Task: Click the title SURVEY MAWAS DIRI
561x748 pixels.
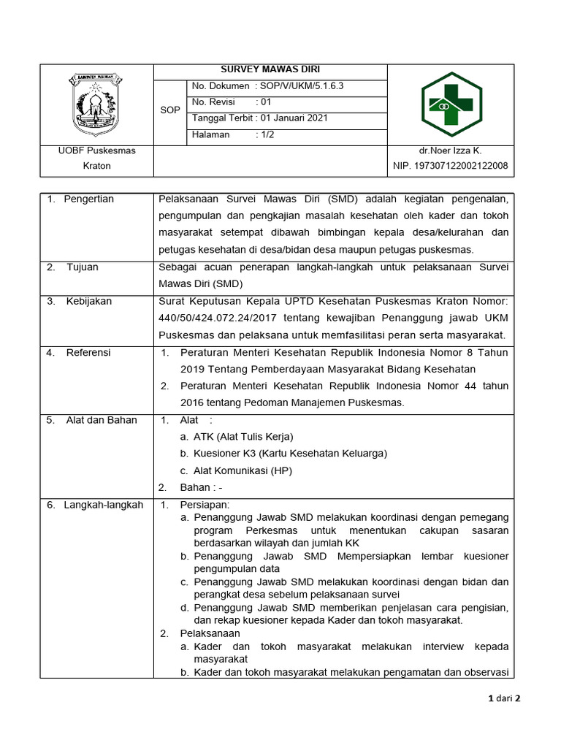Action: coord(270,71)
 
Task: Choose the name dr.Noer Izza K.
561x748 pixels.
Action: coord(450,150)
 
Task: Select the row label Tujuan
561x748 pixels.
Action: coord(83,267)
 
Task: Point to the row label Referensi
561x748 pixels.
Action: coord(88,353)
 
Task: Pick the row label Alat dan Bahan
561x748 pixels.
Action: coord(100,420)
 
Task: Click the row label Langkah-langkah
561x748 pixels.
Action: coord(104,505)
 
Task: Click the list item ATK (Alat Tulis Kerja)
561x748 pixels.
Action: coord(243,437)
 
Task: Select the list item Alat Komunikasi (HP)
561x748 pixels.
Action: coord(243,470)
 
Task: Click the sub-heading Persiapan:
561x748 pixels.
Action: coord(205,505)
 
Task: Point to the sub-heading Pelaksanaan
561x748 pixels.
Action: coord(210,633)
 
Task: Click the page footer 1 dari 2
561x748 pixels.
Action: coord(504,698)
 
